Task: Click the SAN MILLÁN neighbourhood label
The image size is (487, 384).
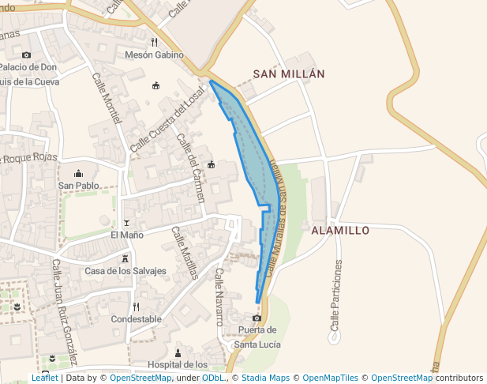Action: [289, 73]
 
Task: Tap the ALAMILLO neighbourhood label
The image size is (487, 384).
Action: [340, 231]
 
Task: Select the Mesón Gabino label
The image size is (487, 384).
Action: [154, 55]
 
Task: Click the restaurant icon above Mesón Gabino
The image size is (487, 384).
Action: [154, 43]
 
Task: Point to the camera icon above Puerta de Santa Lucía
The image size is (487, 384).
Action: [257, 318]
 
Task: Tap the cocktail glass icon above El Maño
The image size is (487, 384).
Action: [126, 224]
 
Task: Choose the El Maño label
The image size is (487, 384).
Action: [126, 235]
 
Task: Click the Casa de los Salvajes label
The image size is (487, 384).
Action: [125, 271]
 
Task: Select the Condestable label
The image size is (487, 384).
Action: [137, 319]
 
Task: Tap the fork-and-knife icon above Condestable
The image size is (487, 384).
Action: [137, 307]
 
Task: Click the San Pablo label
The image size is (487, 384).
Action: [78, 186]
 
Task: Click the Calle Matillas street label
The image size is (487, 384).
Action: [185, 254]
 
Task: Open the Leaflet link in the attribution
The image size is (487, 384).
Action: [44, 378]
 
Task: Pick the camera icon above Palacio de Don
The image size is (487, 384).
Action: [26, 55]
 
